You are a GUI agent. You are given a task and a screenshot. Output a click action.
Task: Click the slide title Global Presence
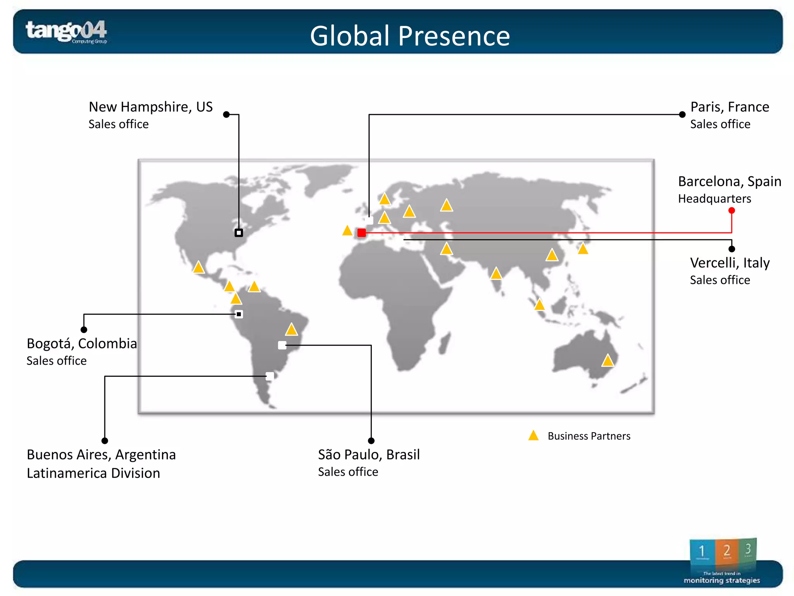(410, 36)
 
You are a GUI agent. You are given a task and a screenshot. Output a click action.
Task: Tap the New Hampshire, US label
(150, 107)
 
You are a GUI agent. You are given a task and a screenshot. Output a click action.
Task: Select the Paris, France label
(730, 107)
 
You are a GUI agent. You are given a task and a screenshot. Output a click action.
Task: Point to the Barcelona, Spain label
(729, 181)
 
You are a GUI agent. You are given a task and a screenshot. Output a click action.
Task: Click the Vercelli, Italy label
(730, 263)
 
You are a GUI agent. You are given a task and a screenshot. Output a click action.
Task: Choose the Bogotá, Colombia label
(81, 343)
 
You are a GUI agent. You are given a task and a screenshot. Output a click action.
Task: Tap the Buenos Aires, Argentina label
(101, 454)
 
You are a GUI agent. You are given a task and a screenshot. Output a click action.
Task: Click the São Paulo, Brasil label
(369, 454)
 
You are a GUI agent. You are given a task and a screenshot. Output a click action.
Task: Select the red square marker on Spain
(361, 233)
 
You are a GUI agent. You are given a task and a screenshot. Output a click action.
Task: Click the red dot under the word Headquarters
(732, 211)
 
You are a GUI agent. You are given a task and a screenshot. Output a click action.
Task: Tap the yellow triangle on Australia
(608, 360)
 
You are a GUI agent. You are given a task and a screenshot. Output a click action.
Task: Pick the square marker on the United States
(239, 233)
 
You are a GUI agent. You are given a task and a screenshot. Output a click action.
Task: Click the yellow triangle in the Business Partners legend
(533, 435)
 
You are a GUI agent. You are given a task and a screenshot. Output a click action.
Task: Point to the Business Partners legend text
(589, 436)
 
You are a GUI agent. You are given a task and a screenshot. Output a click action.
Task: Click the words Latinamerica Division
(93, 473)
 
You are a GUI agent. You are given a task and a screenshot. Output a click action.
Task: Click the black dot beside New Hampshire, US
(226, 114)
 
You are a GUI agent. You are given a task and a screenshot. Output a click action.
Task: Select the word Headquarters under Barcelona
(715, 199)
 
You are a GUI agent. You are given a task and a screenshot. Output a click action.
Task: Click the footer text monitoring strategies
(722, 580)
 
